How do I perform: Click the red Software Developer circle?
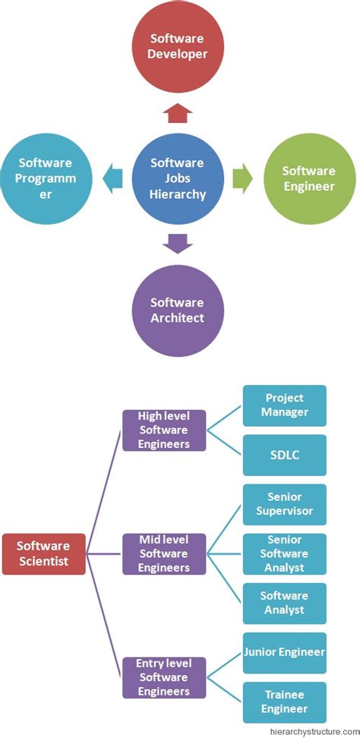tap(178, 48)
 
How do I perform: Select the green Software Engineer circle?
tap(309, 178)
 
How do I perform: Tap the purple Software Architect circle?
tap(178, 310)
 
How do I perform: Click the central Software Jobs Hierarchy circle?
tap(178, 178)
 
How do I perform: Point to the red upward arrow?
tap(178, 113)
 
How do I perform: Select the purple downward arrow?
tap(178, 243)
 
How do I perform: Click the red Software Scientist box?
tap(43, 553)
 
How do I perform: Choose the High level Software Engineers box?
tap(164, 430)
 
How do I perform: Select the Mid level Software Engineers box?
tap(164, 553)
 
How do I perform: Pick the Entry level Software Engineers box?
tap(164, 677)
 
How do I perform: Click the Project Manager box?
tap(285, 405)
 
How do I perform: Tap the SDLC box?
tap(285, 455)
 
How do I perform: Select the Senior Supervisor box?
tap(285, 504)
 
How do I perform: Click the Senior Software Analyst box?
tap(285, 553)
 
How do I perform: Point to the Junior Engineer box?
tap(285, 652)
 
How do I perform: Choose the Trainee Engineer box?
tap(285, 702)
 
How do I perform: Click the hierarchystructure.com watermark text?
tap(314, 731)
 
